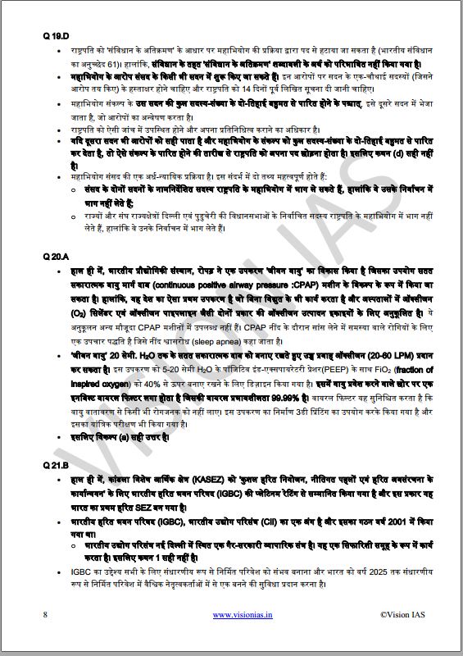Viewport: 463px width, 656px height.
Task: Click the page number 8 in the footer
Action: (45, 613)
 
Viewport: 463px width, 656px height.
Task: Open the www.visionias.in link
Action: (238, 613)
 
